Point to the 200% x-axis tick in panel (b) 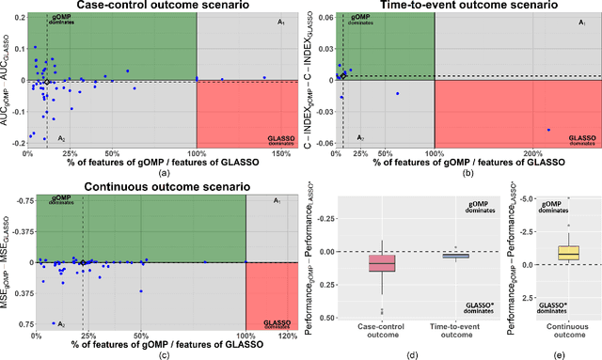click(x=533, y=153)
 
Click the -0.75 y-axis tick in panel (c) click(x=21, y=200)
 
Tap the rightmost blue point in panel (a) click(x=264, y=77)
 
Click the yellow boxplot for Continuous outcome click(x=568, y=252)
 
